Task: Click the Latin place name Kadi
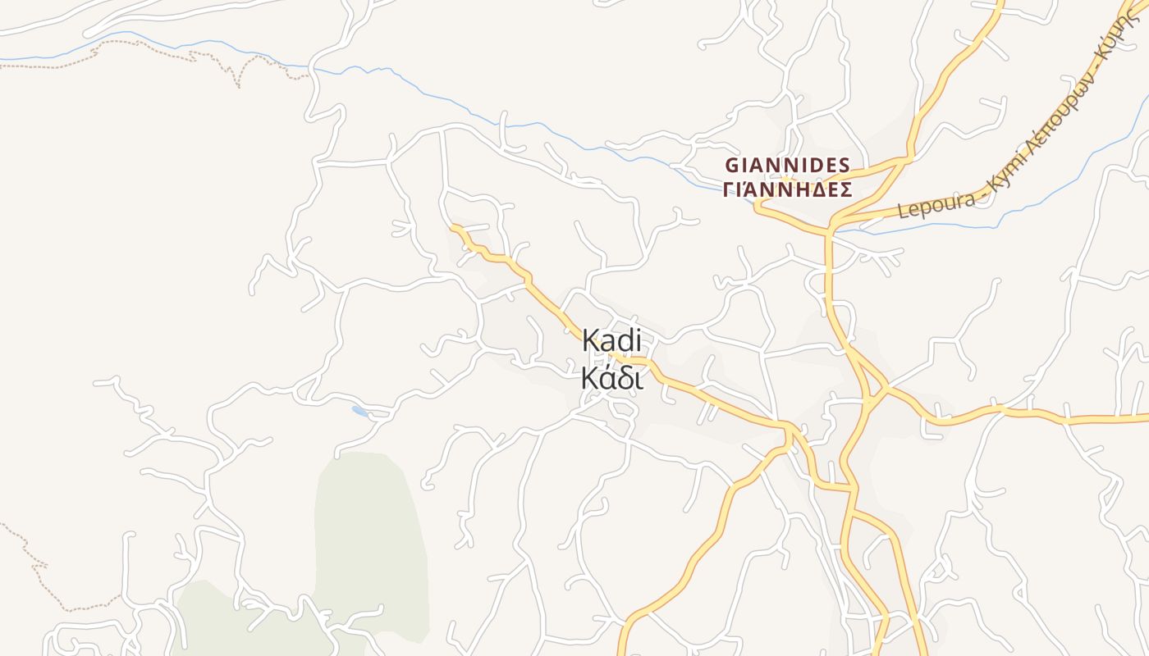click(611, 341)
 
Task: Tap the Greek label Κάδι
click(611, 379)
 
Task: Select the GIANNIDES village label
click(787, 164)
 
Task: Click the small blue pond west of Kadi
click(359, 410)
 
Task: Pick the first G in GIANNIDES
click(731, 164)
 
